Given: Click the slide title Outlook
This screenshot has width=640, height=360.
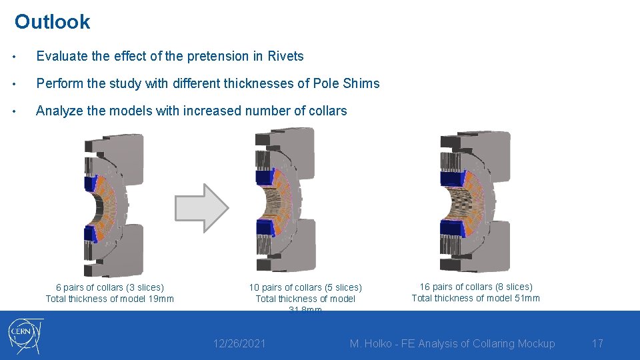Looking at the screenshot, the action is coord(52,22).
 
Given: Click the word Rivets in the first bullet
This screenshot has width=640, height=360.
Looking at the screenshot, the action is coord(285,57).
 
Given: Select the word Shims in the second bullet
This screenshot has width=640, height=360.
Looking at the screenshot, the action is coord(362,84).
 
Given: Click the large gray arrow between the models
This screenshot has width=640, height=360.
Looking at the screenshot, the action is coord(201,208).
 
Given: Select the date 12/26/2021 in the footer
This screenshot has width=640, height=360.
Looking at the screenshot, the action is coord(239,344).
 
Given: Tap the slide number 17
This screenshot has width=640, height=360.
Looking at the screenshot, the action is coord(597,344).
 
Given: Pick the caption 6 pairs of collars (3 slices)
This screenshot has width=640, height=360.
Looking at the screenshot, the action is coord(109,288).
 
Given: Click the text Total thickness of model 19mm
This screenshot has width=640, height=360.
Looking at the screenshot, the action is coord(109,299).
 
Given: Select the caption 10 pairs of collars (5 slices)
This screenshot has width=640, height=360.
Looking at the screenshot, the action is coord(305,288).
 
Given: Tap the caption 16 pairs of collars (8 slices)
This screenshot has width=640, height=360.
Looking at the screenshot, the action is coord(475,287).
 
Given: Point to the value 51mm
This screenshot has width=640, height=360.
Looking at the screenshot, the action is coord(527,298).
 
